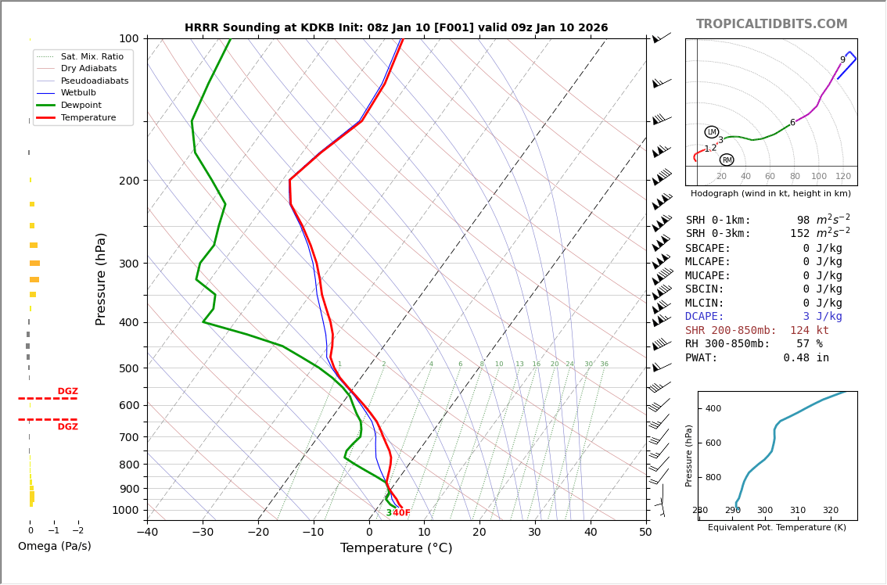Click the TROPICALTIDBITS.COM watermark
[x=771, y=24]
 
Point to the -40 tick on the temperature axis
[x=147, y=533]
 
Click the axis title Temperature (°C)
[x=396, y=548]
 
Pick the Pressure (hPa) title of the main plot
[x=101, y=278]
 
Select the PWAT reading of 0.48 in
[x=757, y=358]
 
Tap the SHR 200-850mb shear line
[x=756, y=331]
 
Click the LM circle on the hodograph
[x=712, y=132]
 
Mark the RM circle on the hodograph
[x=727, y=160]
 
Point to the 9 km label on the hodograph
[x=842, y=60]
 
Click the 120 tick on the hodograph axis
[x=843, y=177]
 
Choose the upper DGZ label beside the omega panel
[x=68, y=392]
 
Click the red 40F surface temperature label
[x=401, y=513]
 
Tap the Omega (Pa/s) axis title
[x=54, y=547]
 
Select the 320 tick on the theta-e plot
[x=830, y=511]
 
